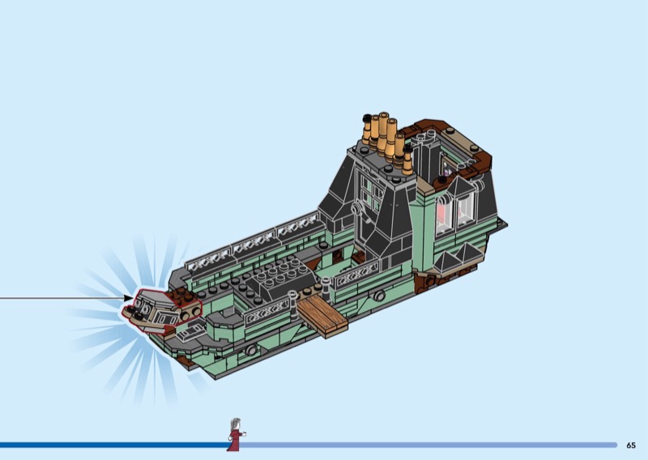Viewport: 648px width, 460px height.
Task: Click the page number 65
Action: click(631, 445)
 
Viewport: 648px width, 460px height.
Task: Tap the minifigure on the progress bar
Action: click(236, 434)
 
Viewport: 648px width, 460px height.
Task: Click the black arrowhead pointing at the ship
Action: click(129, 298)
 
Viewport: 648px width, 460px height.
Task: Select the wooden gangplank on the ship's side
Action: click(322, 317)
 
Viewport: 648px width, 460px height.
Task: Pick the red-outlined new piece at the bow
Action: click(161, 311)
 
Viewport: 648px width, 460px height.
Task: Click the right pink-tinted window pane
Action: click(465, 210)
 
